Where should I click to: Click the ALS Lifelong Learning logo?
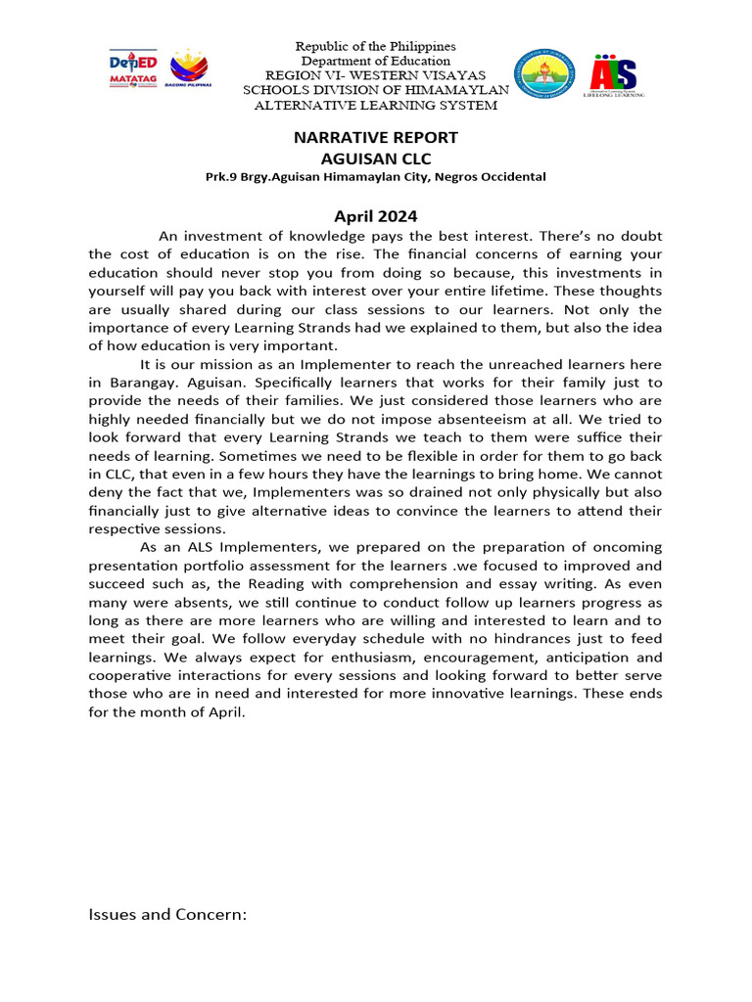tap(615, 75)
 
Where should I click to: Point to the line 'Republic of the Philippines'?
tap(376, 46)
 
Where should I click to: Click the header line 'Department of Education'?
tap(376, 61)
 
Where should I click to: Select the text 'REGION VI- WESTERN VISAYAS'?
tap(376, 75)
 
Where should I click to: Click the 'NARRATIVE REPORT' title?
tap(376, 137)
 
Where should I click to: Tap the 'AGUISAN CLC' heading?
tap(376, 158)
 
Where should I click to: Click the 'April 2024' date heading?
tap(376, 217)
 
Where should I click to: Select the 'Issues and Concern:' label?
tap(167, 914)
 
